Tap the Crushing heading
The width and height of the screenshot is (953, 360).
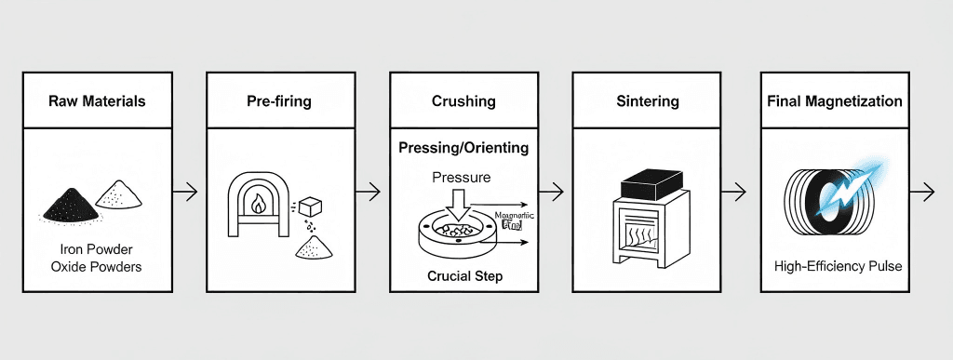[463, 100]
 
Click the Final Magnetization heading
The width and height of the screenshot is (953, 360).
[834, 100]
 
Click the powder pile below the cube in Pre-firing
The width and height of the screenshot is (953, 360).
[314, 247]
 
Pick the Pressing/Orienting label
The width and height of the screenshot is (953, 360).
[463, 148]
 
